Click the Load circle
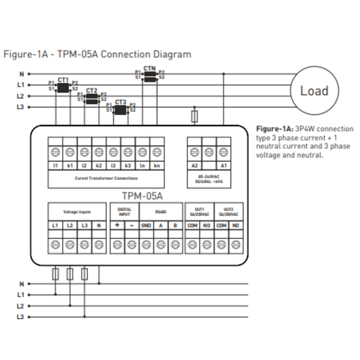point(314,91)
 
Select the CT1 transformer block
point(63,86)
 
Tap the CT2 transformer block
point(92,98)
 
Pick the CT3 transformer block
point(120,109)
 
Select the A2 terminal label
point(195,166)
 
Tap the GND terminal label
point(146,226)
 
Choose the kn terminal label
point(156,166)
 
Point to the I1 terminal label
point(55,166)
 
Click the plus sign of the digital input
point(117,226)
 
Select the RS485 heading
point(160,212)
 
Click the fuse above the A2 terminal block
point(195,116)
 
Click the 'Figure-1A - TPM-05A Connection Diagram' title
point(97,54)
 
